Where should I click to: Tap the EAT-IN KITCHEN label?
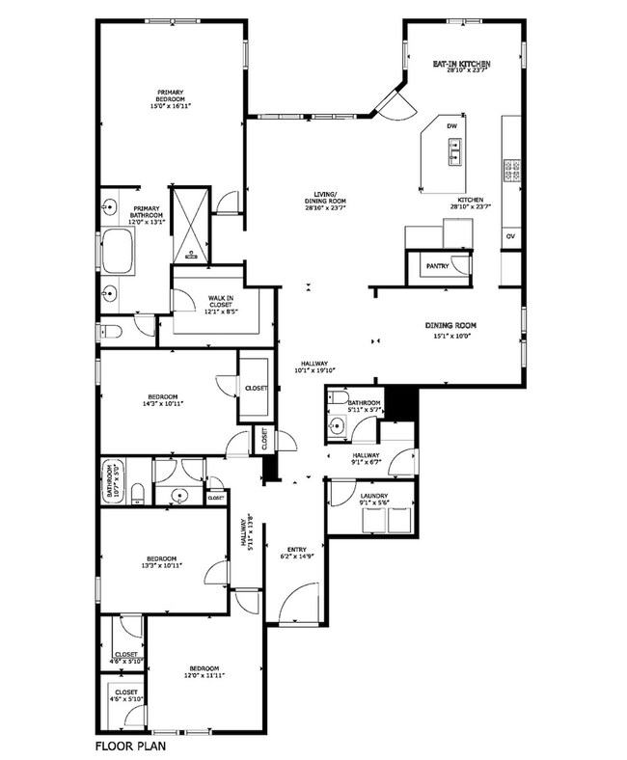click(461, 61)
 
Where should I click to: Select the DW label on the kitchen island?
click(450, 126)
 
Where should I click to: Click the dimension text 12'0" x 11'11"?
click(204, 676)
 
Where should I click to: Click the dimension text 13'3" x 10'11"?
click(162, 566)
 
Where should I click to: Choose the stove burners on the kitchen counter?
click(510, 171)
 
